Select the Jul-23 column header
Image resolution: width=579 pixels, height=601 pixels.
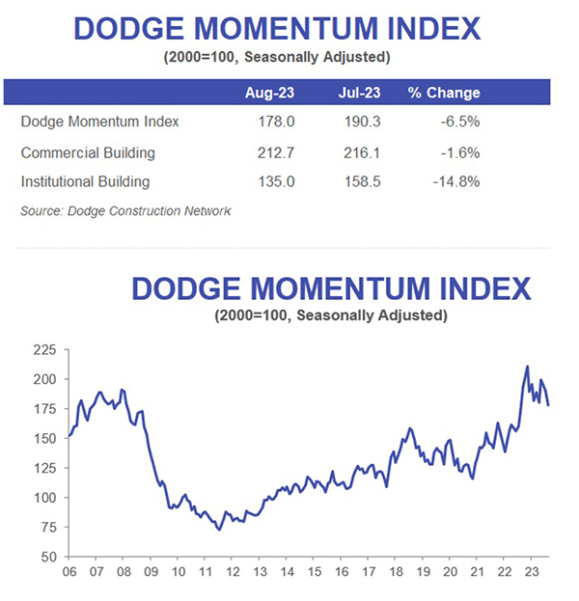362,94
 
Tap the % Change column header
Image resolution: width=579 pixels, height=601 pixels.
443,94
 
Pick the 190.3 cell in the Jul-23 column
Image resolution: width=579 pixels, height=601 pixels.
362,123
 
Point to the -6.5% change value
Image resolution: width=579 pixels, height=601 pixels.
457,123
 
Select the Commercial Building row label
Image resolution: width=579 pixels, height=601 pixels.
88,152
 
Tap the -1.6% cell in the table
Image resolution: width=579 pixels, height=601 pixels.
457,152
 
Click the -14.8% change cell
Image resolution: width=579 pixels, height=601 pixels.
454,181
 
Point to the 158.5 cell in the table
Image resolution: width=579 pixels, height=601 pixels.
362,181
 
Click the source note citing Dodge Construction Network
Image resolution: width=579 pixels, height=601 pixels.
125,210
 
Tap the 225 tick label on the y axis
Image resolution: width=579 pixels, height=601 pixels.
45,351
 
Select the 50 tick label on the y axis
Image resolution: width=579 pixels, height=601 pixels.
49,557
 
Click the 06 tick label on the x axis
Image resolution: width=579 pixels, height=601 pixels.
69,572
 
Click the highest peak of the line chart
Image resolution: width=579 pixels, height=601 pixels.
527,367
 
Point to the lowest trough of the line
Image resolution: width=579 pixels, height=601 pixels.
219,530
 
